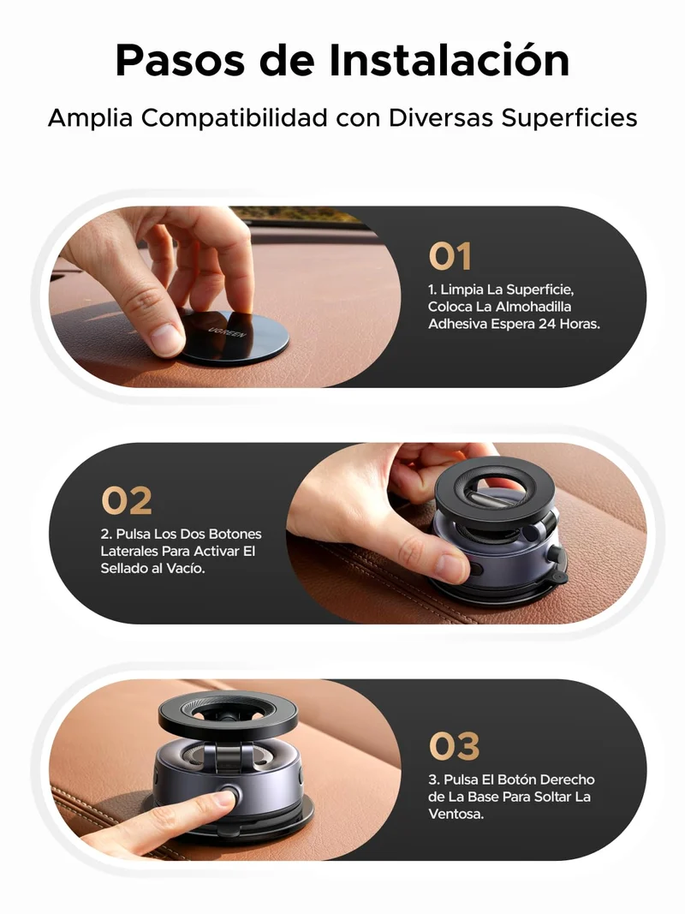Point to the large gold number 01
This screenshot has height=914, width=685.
pos(450,256)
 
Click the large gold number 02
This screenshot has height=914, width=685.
pos(127,501)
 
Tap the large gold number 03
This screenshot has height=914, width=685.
pos(455,746)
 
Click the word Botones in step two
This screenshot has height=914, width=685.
pos(235,534)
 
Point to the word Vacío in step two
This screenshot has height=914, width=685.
pos(187,568)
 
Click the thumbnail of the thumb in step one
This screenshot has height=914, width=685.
pos(167,337)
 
